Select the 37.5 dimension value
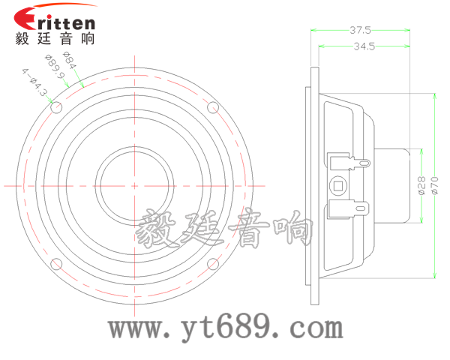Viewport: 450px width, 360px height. pos(360,31)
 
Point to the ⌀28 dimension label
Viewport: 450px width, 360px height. pos(421,184)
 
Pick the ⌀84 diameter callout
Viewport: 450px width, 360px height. pos(70,60)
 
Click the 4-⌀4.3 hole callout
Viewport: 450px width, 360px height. pos(34,84)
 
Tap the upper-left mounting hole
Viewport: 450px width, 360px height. pos(56,107)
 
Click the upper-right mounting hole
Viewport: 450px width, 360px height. pos(212,107)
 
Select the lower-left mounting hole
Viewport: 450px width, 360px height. pos(56,263)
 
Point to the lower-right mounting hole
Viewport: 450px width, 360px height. pos(212,263)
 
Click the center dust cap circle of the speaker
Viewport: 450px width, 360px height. pos(134,185)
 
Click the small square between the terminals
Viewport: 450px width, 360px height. pos(338,185)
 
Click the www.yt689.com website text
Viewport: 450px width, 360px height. pos(226,328)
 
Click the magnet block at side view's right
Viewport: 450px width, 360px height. pos(394,185)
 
